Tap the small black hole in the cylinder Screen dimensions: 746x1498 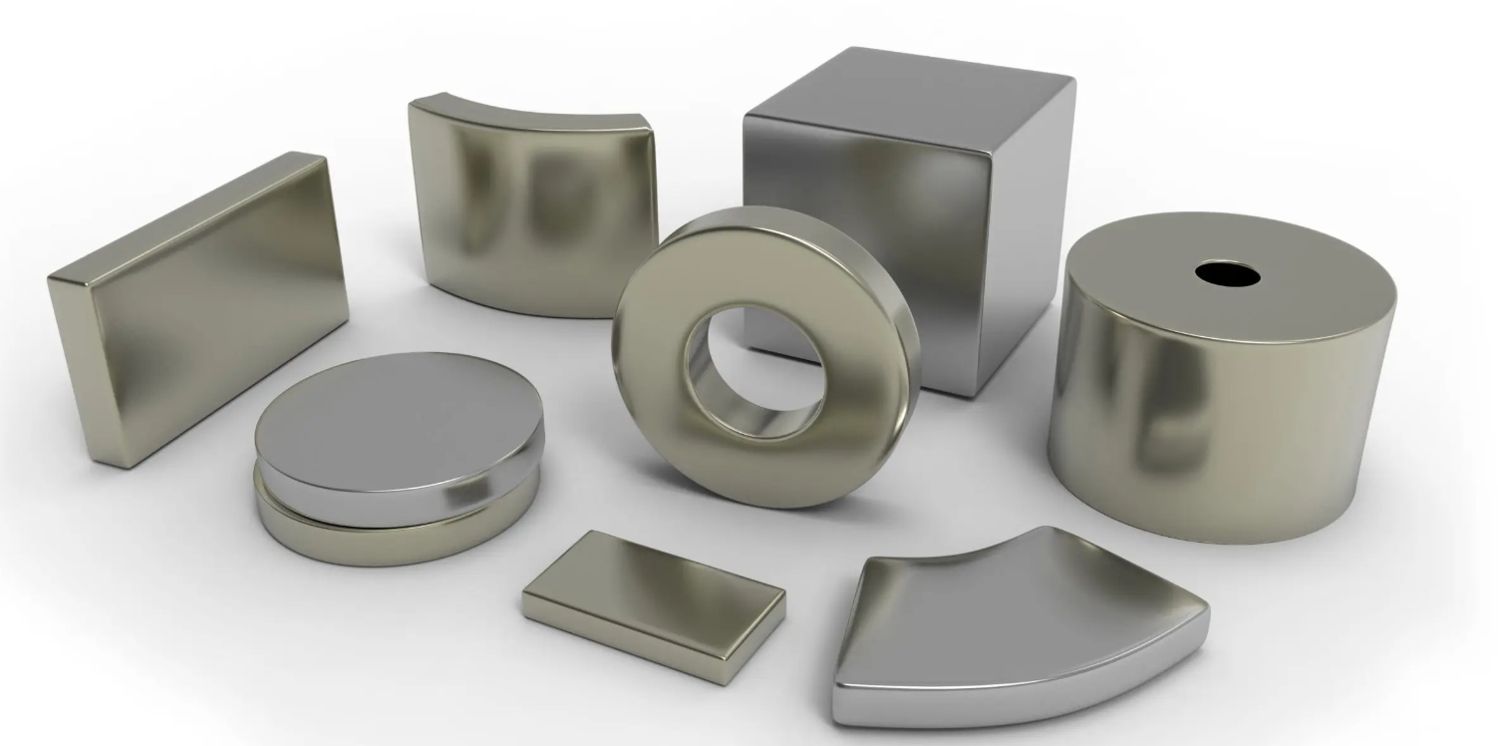coord(1227,273)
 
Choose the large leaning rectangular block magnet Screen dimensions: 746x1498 coord(199,309)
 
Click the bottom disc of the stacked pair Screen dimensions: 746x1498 coord(399,534)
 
